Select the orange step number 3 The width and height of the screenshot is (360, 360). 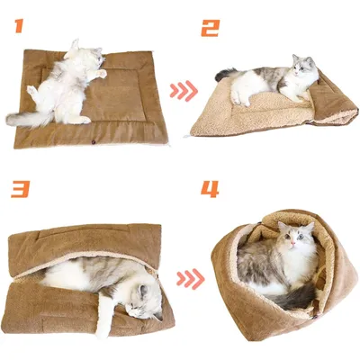pos(19,190)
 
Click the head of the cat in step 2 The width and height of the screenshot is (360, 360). pos(302,70)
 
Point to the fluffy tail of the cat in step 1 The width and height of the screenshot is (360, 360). pos(27,117)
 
